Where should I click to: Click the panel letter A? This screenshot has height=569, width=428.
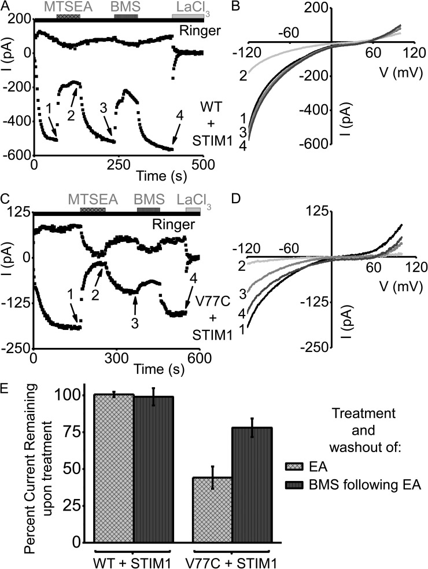6,6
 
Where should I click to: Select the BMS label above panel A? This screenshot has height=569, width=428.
126,6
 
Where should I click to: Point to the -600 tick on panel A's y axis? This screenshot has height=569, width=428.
17,155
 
